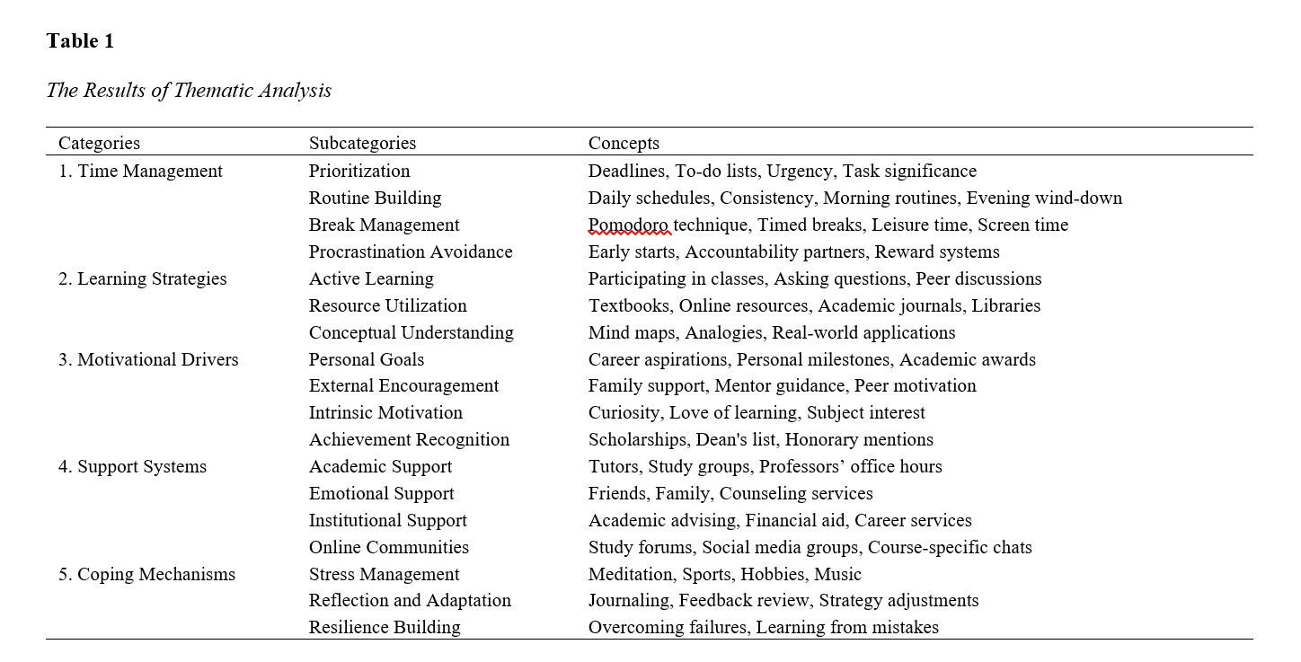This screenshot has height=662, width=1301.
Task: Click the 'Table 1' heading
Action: (x=80, y=41)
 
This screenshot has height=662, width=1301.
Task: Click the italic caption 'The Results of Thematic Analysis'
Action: (x=189, y=91)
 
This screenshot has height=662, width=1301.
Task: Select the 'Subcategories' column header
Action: (x=362, y=143)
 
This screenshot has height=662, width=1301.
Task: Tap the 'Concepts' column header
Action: (x=624, y=143)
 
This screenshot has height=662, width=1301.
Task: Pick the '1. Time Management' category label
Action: (x=140, y=171)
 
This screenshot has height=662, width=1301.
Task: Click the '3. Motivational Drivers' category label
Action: (x=148, y=359)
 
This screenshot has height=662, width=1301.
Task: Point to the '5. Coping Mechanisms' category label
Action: (x=146, y=574)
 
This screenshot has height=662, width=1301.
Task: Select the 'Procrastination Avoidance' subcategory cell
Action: (x=411, y=252)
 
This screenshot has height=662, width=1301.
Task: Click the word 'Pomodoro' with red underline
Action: (x=629, y=225)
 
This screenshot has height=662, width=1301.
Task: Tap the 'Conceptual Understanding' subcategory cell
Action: (x=411, y=332)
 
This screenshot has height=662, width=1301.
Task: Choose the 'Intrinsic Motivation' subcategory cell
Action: (x=385, y=412)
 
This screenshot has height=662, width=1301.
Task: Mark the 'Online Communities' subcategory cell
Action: (x=388, y=547)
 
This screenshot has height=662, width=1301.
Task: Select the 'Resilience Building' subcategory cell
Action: (x=385, y=627)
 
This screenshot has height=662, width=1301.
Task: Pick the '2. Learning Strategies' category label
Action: (x=142, y=278)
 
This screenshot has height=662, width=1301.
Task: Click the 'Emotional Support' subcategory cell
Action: (x=381, y=493)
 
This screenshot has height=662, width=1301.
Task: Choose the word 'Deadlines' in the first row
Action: (x=626, y=171)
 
